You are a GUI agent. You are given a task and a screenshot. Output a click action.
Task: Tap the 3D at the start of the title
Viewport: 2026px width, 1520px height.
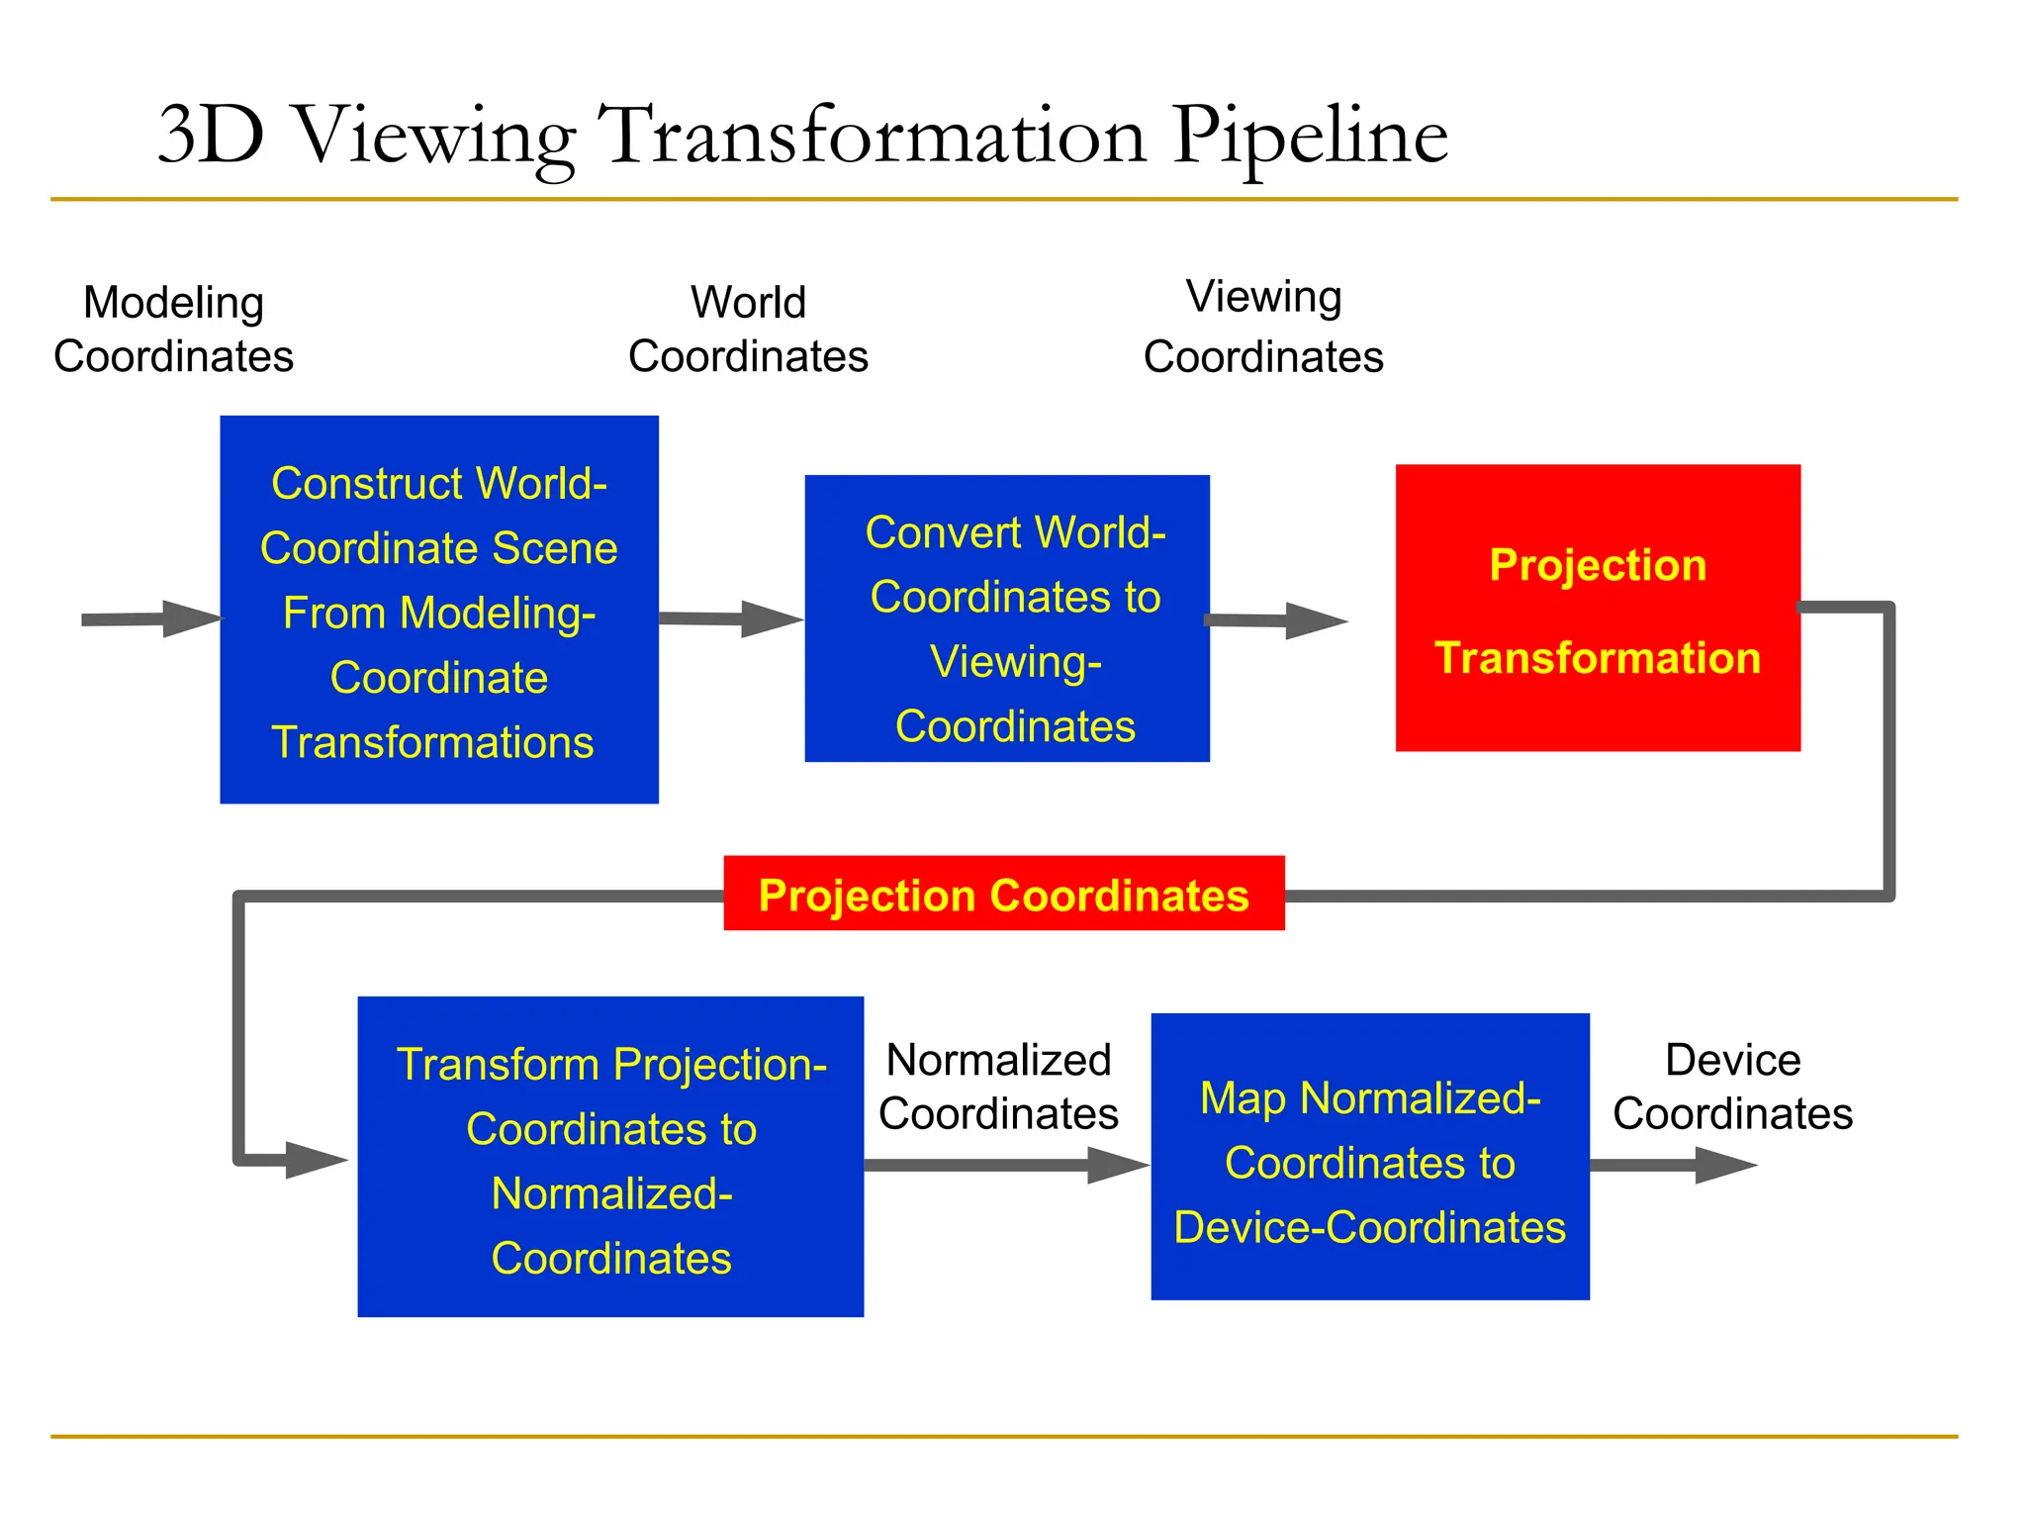[x=212, y=135]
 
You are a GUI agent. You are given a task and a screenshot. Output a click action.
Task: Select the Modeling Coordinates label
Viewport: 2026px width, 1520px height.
[x=174, y=330]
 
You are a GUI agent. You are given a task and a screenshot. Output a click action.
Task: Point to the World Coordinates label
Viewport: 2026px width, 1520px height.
[x=748, y=330]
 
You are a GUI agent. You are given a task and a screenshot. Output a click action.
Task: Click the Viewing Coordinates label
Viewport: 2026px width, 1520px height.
[x=1263, y=327]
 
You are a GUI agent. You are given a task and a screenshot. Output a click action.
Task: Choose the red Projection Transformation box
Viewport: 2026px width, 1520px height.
[x=1598, y=608]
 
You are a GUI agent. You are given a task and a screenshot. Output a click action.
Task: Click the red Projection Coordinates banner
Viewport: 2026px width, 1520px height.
[x=1003, y=894]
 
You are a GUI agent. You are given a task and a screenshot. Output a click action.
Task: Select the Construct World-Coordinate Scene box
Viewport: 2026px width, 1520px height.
[x=439, y=610]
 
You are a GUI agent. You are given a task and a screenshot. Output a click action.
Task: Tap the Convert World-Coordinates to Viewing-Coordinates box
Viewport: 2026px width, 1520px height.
[x=1007, y=618]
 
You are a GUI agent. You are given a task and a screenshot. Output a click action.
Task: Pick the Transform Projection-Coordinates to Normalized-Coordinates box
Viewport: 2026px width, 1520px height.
[x=610, y=1156]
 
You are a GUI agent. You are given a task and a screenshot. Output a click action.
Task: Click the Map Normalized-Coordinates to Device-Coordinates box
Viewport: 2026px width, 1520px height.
[x=1370, y=1156]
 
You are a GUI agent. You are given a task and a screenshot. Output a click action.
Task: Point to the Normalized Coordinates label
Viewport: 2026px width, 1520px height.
[x=998, y=1087]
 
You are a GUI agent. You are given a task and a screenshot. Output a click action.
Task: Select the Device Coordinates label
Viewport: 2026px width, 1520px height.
[x=1732, y=1087]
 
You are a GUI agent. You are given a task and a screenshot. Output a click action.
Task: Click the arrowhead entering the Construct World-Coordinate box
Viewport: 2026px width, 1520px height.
[x=192, y=618]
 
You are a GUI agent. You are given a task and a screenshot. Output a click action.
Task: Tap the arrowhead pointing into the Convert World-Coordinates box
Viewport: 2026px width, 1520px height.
[x=772, y=619]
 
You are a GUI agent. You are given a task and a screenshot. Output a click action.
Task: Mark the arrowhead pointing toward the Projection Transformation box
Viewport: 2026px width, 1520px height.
[x=1316, y=621]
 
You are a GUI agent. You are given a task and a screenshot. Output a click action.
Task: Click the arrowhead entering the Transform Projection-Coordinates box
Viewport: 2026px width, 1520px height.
[x=315, y=1160]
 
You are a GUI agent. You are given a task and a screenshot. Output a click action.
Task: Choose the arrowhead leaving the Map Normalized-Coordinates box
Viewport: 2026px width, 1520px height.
[x=1724, y=1165]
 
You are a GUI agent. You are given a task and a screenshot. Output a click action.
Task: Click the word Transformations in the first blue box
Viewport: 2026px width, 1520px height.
[x=432, y=742]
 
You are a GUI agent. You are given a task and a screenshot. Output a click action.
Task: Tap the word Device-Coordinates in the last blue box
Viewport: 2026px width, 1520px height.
[x=1369, y=1227]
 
